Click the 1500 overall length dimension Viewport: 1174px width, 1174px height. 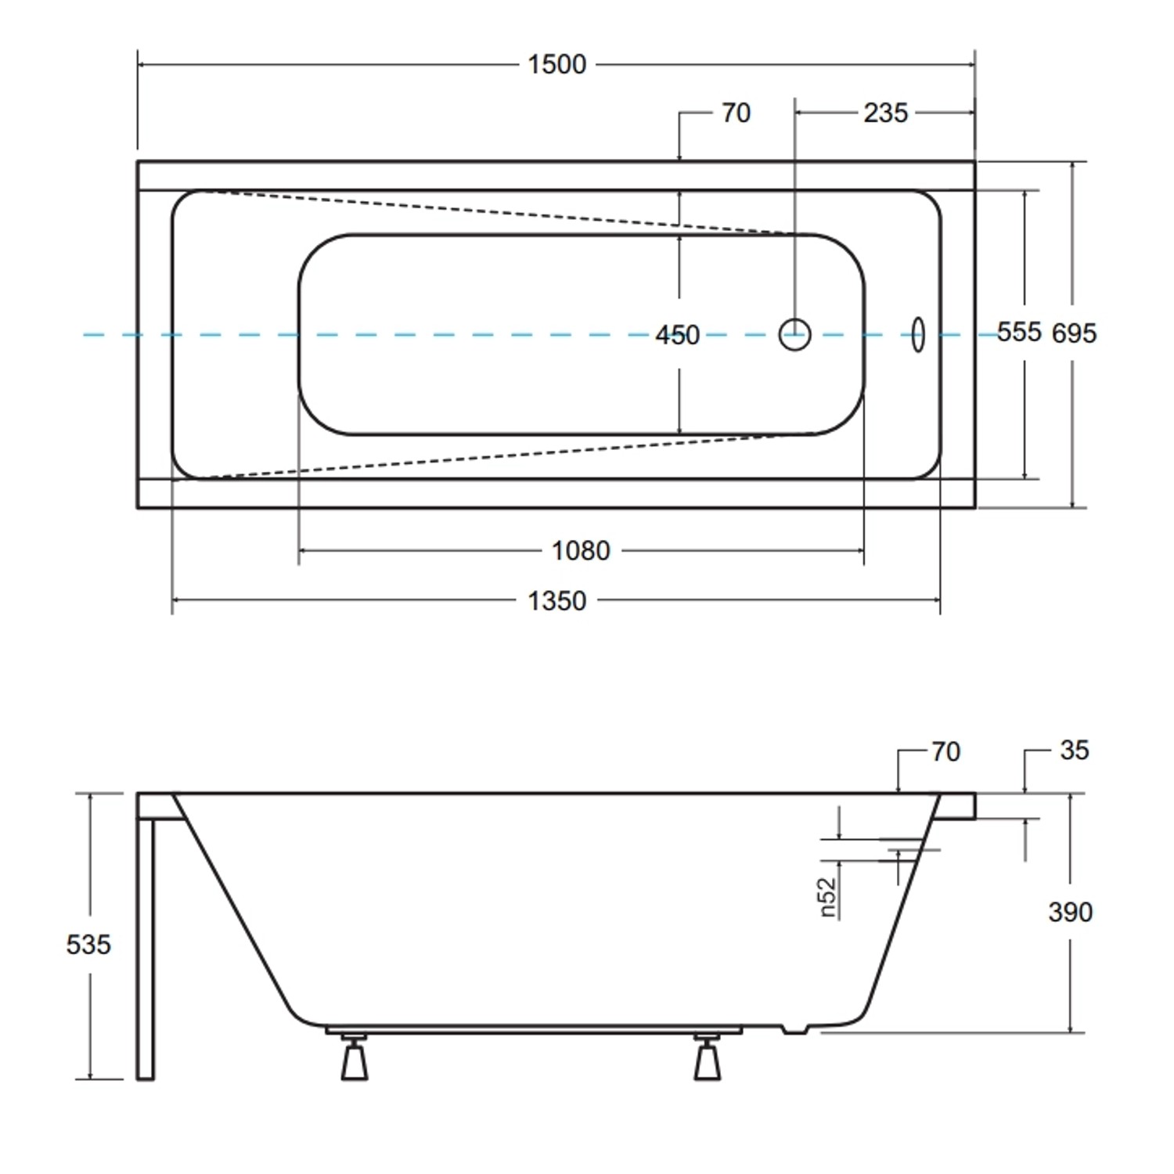coord(556,64)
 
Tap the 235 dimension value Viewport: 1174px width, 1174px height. coord(885,113)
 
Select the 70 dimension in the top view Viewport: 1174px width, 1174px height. coord(736,113)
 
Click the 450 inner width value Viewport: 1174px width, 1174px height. coord(677,335)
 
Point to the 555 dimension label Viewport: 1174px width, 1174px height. coord(1018,332)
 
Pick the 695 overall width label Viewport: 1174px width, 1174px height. coord(1074,333)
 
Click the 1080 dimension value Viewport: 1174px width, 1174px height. coord(580,551)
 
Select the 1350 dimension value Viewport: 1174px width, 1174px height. coord(556,601)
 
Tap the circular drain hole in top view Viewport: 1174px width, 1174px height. coord(794,335)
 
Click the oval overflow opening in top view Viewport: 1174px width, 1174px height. coord(918,335)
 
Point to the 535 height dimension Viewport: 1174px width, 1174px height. coord(88,945)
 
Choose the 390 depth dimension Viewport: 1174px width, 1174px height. coord(1070,912)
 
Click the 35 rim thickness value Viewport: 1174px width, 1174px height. coord(1074,751)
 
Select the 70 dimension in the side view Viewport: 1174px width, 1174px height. coord(945,752)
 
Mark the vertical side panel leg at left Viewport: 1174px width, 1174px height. coord(146,947)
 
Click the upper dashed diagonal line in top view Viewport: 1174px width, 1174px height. coord(501,212)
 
